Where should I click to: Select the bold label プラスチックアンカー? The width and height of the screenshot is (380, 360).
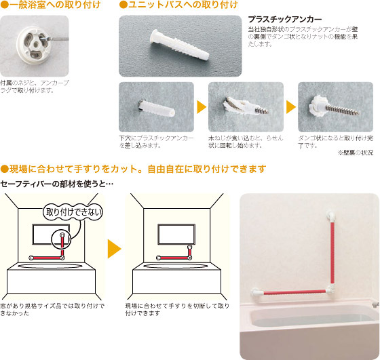(x=285, y=19)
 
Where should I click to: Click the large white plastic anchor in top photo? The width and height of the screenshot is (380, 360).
(x=179, y=45)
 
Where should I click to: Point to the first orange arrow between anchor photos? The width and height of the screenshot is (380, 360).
(x=202, y=107)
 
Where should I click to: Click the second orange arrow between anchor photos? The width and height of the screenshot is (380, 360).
(x=291, y=107)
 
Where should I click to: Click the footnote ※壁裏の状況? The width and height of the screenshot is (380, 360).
(x=356, y=153)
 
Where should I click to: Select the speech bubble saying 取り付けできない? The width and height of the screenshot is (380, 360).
(x=73, y=212)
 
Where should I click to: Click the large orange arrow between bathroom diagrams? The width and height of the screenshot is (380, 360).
(x=114, y=249)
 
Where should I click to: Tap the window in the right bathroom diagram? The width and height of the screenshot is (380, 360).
(x=176, y=235)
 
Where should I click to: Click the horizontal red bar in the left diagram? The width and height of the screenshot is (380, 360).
(x=47, y=258)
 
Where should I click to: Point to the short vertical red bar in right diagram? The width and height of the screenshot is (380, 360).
(x=190, y=252)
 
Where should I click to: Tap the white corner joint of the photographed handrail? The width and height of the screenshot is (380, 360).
(x=331, y=289)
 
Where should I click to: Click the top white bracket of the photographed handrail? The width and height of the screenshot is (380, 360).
(x=332, y=217)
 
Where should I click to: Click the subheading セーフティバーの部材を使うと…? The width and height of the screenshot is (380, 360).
(x=57, y=184)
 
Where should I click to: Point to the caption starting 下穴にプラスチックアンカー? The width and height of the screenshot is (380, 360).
(x=156, y=142)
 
